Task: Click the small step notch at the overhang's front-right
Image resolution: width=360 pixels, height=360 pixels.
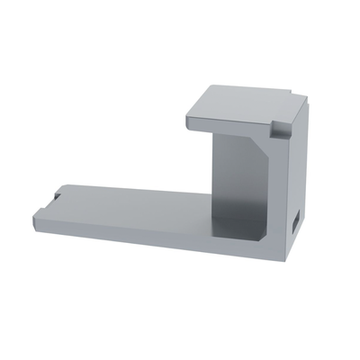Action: pyautogui.click(x=280, y=129)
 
